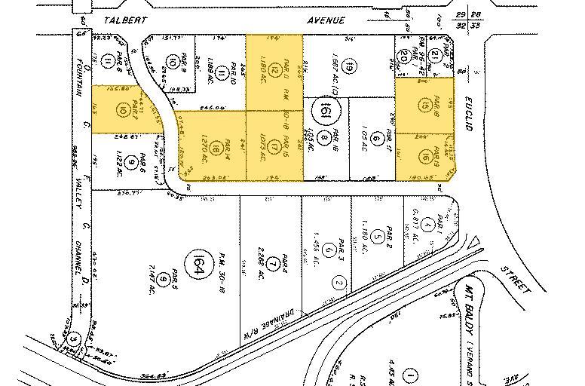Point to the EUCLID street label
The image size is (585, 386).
pyautogui.click(x=468, y=117)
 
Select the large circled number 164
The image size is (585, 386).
pyautogui.click(x=199, y=266)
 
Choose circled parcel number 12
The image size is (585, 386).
pyautogui.click(x=274, y=70)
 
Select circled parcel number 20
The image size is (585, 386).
pyautogui.click(x=404, y=55)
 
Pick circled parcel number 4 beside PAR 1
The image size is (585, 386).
pyautogui.click(x=427, y=225)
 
